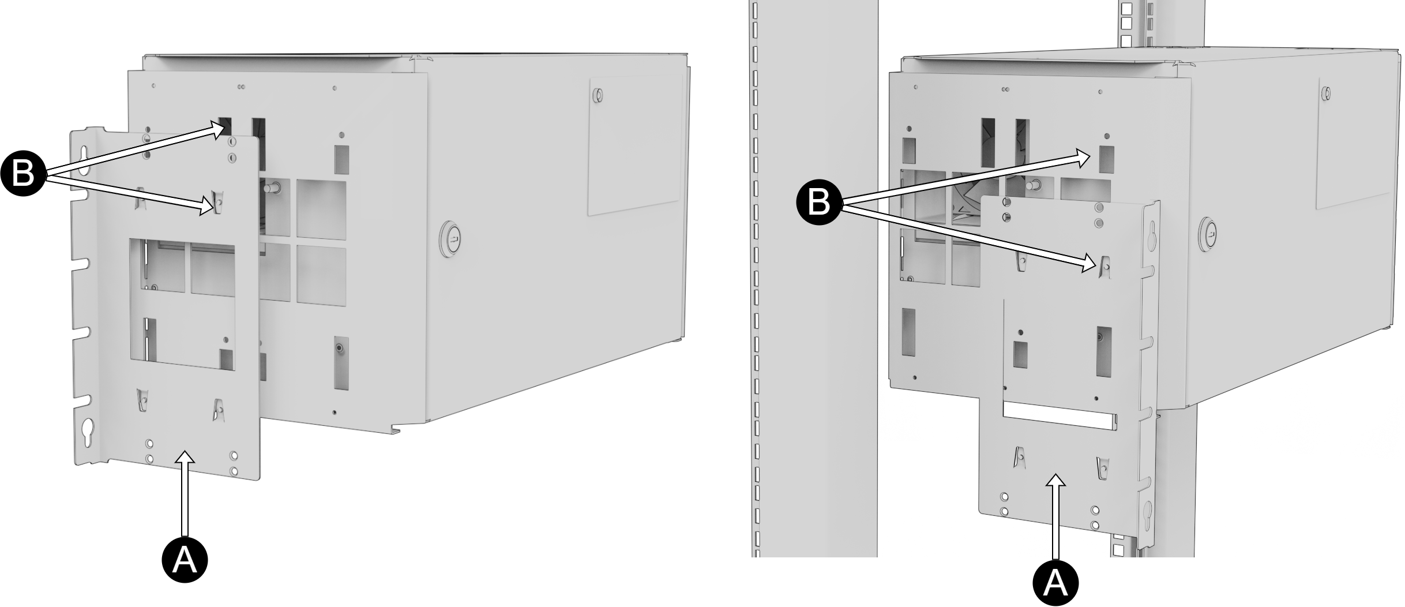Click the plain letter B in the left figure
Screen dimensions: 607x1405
point(23,173)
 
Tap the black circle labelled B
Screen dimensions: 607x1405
point(819,203)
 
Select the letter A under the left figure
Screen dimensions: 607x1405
point(185,559)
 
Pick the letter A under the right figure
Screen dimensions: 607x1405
point(1055,583)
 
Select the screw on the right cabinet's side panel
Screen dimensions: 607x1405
point(1326,93)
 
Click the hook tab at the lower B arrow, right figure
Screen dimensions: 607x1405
point(1105,265)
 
